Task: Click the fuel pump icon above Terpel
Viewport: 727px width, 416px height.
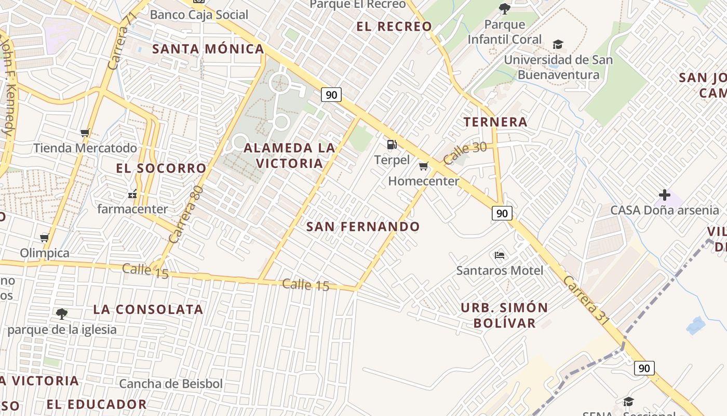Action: tap(392, 144)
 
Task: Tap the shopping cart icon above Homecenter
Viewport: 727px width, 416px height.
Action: tap(423, 166)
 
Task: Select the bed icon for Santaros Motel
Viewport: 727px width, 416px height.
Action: tap(500, 255)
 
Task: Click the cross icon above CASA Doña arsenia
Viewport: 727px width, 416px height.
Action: tap(664, 195)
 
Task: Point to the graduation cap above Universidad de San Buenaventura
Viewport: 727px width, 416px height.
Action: tap(558, 44)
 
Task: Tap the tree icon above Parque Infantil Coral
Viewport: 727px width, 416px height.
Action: tap(504, 8)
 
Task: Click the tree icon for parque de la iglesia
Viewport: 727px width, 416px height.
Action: tap(62, 314)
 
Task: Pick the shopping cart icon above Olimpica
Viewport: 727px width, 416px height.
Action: tap(44, 238)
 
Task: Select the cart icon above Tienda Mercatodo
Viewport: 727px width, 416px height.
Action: tap(85, 133)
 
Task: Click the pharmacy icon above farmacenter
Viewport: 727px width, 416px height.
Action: tap(132, 194)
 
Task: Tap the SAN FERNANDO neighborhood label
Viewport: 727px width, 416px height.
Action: tap(363, 227)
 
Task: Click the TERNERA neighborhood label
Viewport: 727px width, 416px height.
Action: tap(495, 122)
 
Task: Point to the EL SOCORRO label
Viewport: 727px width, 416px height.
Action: tap(161, 168)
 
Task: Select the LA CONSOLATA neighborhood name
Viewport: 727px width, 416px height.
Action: tap(148, 309)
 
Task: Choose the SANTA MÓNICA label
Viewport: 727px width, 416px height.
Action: tap(208, 49)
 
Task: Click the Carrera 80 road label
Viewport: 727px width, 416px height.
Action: tap(185, 215)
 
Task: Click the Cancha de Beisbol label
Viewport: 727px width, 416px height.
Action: tap(171, 384)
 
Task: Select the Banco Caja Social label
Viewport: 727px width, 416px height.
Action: tap(199, 15)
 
